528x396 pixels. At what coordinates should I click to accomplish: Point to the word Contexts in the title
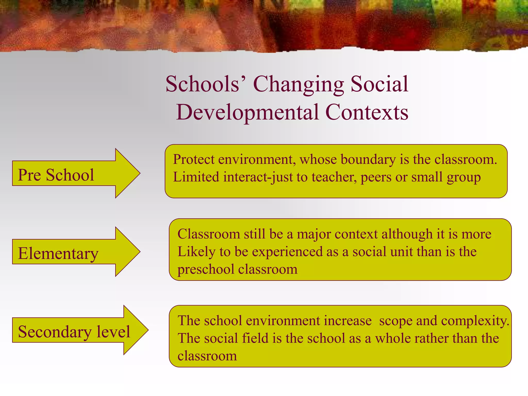click(x=367, y=112)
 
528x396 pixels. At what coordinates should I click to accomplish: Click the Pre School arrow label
click(x=56, y=175)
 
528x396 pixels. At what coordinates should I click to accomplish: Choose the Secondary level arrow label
click(x=74, y=332)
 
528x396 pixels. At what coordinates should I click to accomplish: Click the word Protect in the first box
click(x=194, y=159)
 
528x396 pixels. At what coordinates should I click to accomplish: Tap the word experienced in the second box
click(x=287, y=252)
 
